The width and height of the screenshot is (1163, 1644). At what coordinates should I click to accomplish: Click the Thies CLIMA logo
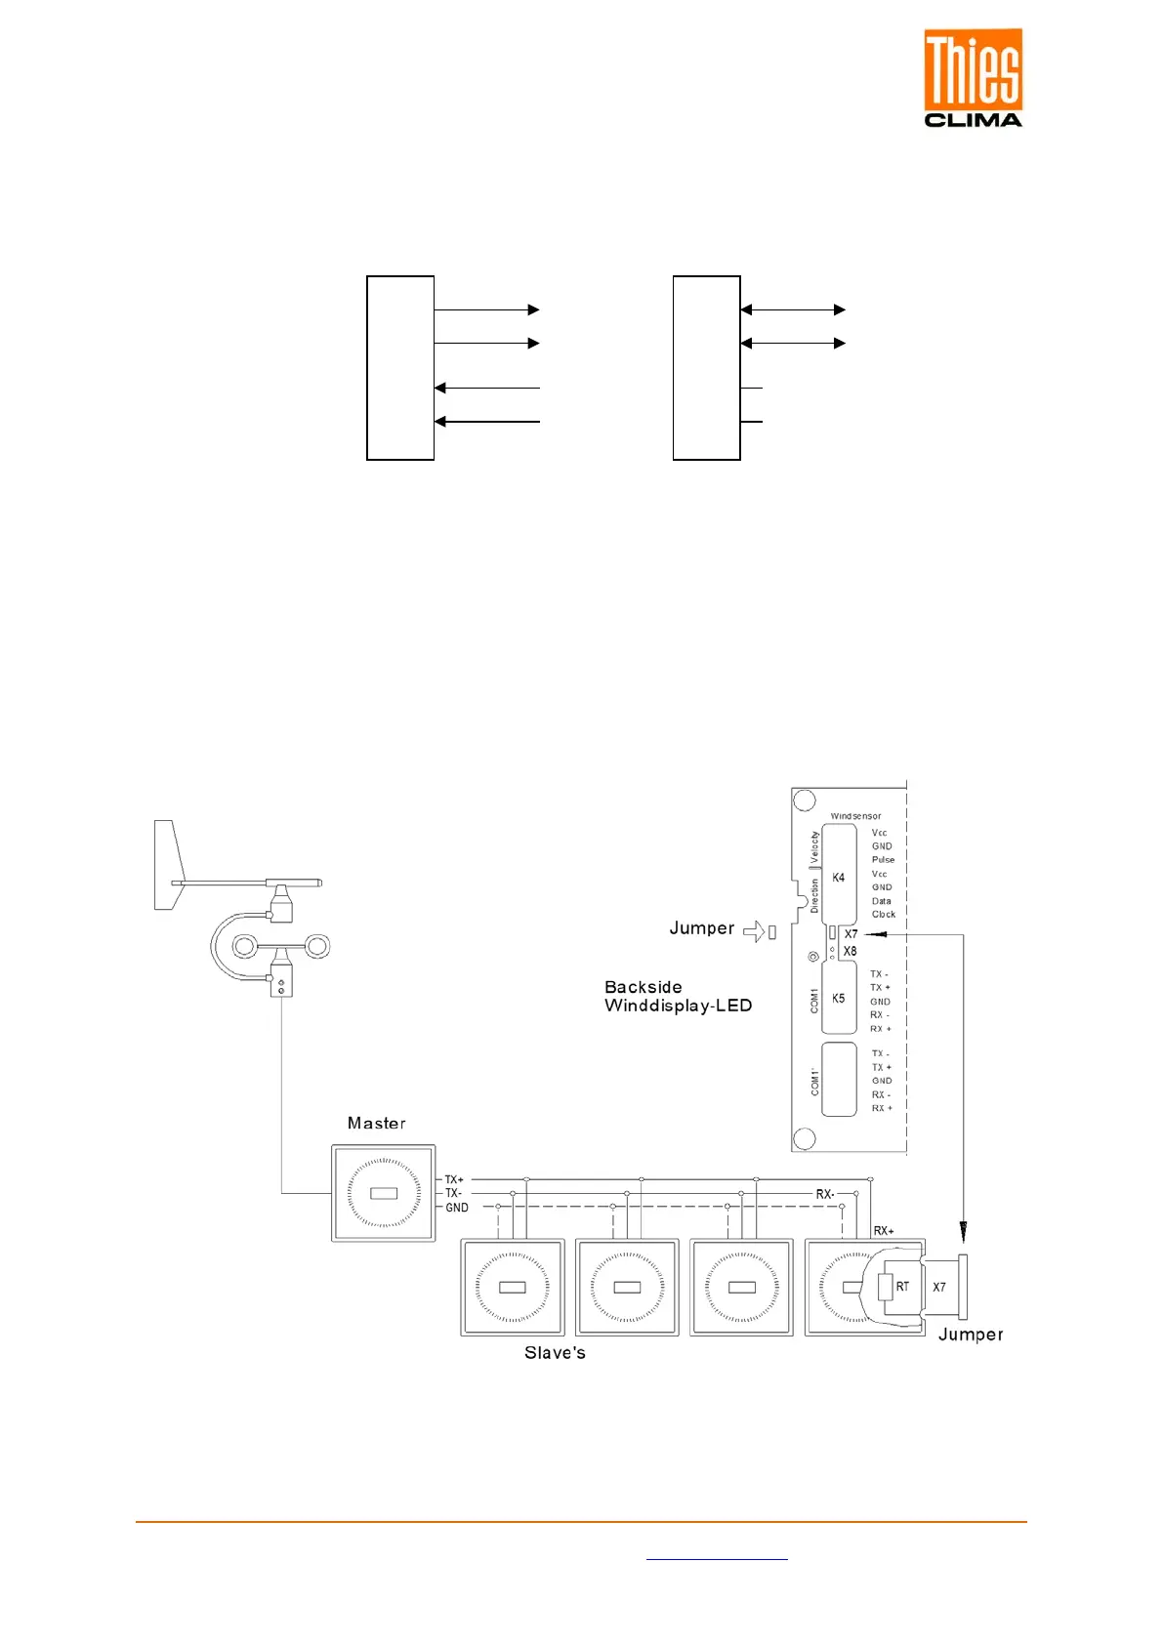pyautogui.click(x=973, y=78)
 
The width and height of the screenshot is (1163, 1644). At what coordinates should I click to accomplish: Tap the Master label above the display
pyautogui.click(x=376, y=1123)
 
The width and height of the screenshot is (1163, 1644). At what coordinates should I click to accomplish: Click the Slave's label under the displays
pyautogui.click(x=555, y=1352)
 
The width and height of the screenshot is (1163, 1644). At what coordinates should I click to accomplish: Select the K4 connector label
pyautogui.click(x=838, y=878)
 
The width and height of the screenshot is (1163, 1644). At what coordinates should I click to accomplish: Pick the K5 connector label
pyautogui.click(x=838, y=998)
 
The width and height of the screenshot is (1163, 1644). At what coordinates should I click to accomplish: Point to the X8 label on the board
pyautogui.click(x=850, y=951)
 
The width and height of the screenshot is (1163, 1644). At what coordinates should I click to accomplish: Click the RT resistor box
pyautogui.click(x=901, y=1287)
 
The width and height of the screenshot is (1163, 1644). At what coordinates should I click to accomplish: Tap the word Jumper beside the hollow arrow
pyautogui.click(x=701, y=927)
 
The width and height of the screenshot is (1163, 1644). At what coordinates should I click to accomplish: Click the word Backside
pyautogui.click(x=643, y=987)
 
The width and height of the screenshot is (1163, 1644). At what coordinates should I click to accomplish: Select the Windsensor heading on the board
pyautogui.click(x=855, y=816)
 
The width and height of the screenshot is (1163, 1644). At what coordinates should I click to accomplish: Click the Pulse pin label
pyautogui.click(x=883, y=860)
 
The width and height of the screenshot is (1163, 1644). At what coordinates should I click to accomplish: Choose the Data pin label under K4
pyautogui.click(x=881, y=901)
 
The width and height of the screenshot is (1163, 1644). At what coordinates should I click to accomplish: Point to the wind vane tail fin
pyautogui.click(x=169, y=865)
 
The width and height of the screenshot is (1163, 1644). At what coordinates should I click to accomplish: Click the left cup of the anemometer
pyautogui.click(x=244, y=946)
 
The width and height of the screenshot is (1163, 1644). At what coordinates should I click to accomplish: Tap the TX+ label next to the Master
pyautogui.click(x=454, y=1179)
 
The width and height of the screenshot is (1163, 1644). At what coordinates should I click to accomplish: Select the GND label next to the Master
pyautogui.click(x=457, y=1208)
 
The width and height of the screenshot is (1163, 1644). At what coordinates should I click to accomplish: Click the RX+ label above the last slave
pyautogui.click(x=883, y=1231)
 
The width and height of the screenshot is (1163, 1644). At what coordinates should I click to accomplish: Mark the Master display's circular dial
pyautogui.click(x=384, y=1193)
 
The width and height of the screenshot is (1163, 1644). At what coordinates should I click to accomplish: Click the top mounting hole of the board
pyautogui.click(x=804, y=801)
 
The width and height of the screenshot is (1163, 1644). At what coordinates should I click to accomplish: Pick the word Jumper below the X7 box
pyautogui.click(x=970, y=1335)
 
